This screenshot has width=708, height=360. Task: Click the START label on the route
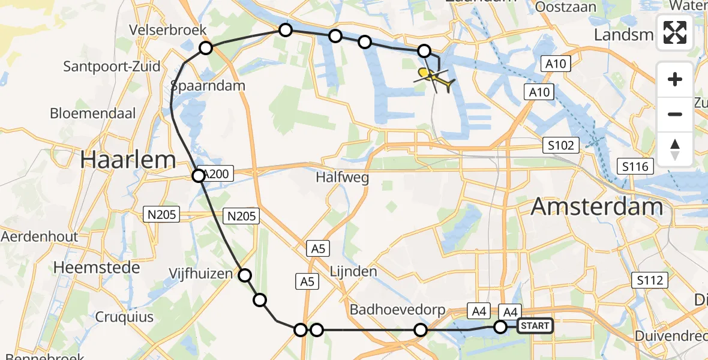(x=534, y=326)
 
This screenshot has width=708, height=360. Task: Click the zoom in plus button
(x=675, y=79)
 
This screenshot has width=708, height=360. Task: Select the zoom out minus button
(x=675, y=114)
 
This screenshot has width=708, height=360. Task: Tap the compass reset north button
(x=675, y=149)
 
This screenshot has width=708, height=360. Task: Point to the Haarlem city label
(x=128, y=160)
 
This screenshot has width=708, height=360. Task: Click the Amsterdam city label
(x=597, y=207)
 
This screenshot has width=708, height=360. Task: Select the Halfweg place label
(x=343, y=178)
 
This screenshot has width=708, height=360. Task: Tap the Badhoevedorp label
(x=398, y=310)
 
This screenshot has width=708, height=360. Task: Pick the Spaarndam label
(x=208, y=85)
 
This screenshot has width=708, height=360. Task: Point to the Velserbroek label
(x=168, y=30)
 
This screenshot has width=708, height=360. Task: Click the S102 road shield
(x=561, y=145)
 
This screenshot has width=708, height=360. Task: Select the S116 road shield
(x=635, y=166)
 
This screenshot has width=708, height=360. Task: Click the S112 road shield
(x=650, y=280)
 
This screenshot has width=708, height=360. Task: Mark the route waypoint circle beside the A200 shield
(x=199, y=176)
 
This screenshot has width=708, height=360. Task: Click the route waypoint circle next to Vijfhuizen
(x=245, y=275)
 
